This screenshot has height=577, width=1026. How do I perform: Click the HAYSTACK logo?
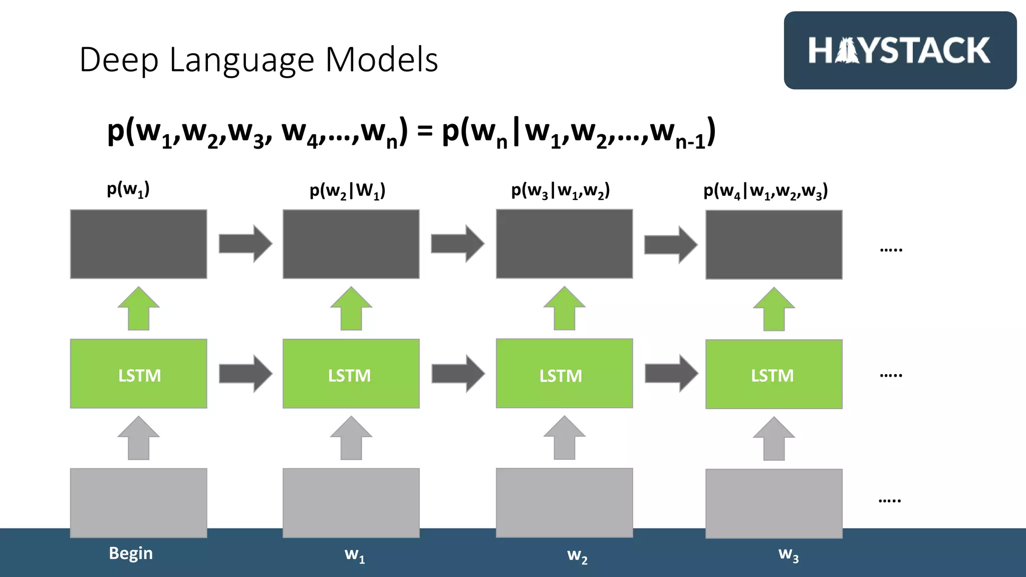[x=899, y=51]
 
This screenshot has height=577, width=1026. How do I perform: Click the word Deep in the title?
[x=119, y=60]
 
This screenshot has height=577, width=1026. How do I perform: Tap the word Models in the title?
[x=382, y=60]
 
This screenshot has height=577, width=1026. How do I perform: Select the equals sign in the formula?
[x=424, y=132]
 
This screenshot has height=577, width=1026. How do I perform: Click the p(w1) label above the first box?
[x=128, y=189]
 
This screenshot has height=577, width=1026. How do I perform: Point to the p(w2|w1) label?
[x=347, y=191]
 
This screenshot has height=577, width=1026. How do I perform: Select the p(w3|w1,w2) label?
[x=560, y=191]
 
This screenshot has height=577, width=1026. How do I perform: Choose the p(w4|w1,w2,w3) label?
[x=765, y=191]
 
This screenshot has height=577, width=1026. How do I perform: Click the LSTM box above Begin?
[x=139, y=374]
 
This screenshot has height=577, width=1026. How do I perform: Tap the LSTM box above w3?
[x=774, y=375]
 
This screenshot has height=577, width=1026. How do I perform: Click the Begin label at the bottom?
[x=131, y=553]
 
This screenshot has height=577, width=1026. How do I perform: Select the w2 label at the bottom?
[x=577, y=555]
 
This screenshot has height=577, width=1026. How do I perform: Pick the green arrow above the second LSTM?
[x=351, y=309]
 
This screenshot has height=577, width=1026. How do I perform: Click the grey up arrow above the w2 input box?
[x=565, y=438]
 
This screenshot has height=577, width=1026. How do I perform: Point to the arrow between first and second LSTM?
[x=245, y=374]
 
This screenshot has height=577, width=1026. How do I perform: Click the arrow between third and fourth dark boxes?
[x=670, y=244]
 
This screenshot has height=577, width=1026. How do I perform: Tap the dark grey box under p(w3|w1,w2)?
[x=564, y=244]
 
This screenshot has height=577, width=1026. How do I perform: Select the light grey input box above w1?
[x=351, y=503]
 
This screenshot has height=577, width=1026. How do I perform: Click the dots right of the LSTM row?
[x=891, y=375]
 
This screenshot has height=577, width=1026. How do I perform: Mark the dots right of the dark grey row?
[x=891, y=249]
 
